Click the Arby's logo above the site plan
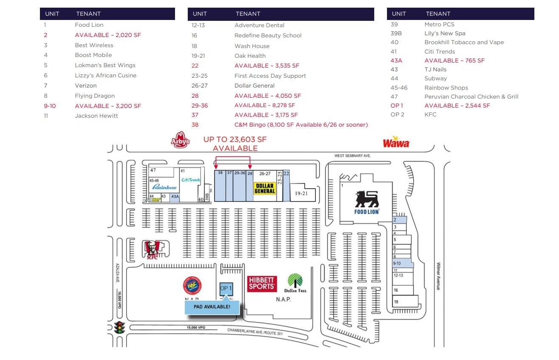(180, 140)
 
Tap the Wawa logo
(396, 142)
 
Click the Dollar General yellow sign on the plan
(265, 188)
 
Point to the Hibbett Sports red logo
(262, 283)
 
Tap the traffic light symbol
(120, 328)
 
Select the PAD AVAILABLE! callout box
(212, 307)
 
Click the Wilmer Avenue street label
(439, 276)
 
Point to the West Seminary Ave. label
(353, 156)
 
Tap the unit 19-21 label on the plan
(301, 193)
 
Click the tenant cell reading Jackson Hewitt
(96, 116)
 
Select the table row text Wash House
(252, 46)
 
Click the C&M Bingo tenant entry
(301, 125)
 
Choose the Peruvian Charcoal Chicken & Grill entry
(471, 96)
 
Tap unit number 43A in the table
(396, 60)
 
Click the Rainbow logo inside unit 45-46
(164, 187)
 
